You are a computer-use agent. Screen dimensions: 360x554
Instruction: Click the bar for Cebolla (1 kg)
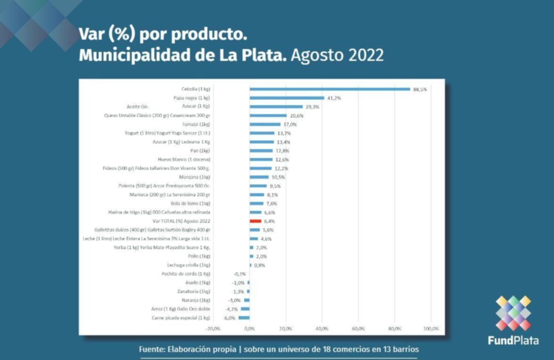point(330,89)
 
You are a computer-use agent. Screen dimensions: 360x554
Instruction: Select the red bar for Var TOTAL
point(255,221)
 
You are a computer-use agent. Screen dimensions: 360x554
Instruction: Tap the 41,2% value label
point(333,98)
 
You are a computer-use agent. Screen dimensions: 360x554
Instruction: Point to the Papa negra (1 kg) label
point(192,98)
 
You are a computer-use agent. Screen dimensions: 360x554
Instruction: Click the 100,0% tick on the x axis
point(431,328)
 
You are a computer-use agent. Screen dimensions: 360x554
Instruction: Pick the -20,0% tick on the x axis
point(213,328)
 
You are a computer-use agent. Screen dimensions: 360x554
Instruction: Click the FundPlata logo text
point(513,341)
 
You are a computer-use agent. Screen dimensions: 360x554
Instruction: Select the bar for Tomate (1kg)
point(265,125)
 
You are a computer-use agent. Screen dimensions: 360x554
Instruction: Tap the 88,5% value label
point(420,89)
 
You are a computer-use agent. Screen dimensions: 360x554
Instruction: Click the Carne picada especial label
point(181,318)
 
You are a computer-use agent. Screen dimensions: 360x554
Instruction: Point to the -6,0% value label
point(230,318)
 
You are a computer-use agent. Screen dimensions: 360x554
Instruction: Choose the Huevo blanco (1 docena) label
point(184,159)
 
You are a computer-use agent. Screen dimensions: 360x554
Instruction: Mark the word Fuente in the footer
point(153,350)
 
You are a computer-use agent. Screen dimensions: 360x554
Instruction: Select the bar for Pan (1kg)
point(261,151)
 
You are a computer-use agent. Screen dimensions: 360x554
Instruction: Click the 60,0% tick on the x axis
point(358,328)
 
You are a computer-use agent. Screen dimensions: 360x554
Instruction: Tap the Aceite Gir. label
point(137,107)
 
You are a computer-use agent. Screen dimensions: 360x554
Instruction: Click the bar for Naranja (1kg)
point(247,300)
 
